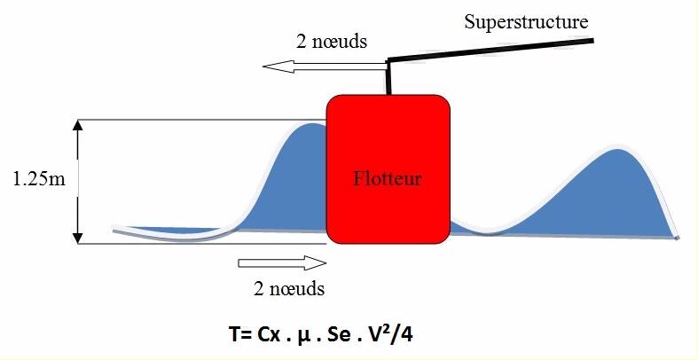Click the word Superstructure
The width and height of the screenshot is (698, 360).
[x=526, y=21]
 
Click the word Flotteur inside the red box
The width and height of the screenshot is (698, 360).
[x=388, y=179]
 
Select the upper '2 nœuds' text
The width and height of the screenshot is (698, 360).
[x=332, y=41]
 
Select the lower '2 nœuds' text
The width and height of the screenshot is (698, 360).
[x=289, y=288]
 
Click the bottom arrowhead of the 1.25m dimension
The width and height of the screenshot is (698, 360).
[x=78, y=235]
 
